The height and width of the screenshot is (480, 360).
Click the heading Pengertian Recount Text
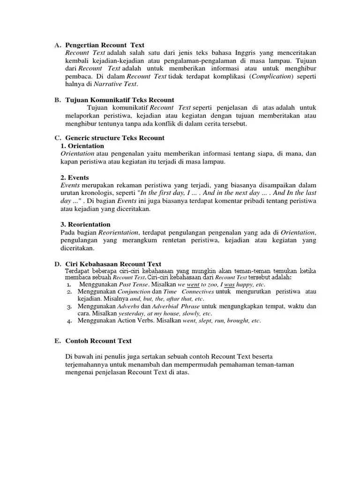click(x=98, y=45)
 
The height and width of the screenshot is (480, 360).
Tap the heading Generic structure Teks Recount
click(x=115, y=138)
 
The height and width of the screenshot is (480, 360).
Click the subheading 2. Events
click(x=75, y=178)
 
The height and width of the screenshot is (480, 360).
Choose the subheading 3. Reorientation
click(x=85, y=225)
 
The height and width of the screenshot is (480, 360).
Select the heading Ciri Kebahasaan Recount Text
click(x=113, y=264)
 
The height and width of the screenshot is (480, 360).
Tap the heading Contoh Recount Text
click(x=98, y=341)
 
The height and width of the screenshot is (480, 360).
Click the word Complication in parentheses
click(x=272, y=76)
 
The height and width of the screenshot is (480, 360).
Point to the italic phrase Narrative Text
click(x=116, y=84)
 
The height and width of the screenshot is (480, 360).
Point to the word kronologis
click(x=102, y=193)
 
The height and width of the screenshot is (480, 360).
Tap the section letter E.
click(x=57, y=341)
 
